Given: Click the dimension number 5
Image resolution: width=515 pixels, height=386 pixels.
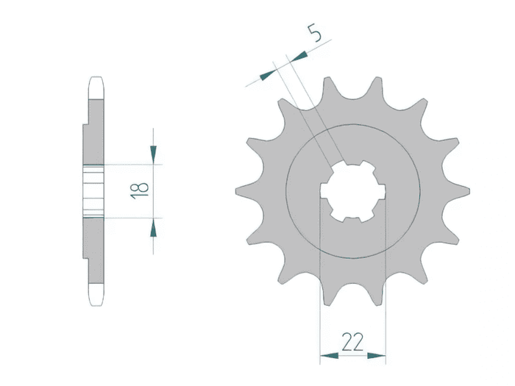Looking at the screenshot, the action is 314,33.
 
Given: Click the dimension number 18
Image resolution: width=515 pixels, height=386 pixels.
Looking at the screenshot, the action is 140,191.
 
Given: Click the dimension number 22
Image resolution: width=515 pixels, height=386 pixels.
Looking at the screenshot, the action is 352,342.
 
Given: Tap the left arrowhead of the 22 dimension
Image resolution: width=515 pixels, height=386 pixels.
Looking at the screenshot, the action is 329,355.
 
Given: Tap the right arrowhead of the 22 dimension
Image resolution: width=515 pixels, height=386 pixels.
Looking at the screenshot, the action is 377,355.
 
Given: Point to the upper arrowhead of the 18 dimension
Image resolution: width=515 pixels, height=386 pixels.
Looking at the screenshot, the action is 153,154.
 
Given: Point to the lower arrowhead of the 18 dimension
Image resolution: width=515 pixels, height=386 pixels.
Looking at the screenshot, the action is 153,227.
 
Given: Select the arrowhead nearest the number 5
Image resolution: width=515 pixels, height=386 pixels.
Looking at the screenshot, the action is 299,57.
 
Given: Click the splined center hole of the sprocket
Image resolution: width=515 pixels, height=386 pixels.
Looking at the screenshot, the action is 352,191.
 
